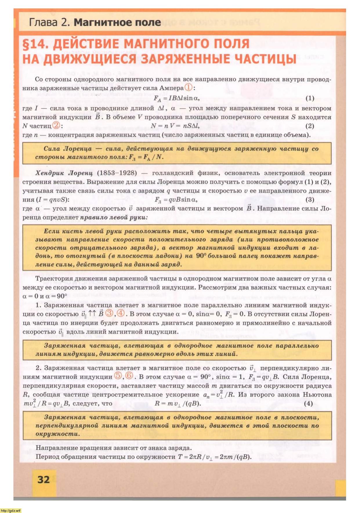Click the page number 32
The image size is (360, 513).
pos(44,479)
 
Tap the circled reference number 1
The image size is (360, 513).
pos(189,87)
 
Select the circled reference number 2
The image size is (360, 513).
pos(56,125)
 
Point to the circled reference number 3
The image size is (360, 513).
pos(109,313)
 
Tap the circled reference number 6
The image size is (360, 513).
pos(129,376)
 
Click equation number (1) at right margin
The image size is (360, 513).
pos(310,98)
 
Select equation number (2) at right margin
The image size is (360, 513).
pos(310,126)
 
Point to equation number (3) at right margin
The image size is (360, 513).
pos(310,199)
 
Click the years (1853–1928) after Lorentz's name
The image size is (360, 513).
pos(117,173)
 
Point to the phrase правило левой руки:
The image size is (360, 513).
pos(114,217)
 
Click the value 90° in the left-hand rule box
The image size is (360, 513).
pos(201,256)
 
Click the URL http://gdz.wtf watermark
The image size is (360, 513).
pos(11,510)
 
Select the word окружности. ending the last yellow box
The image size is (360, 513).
pos(57,434)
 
